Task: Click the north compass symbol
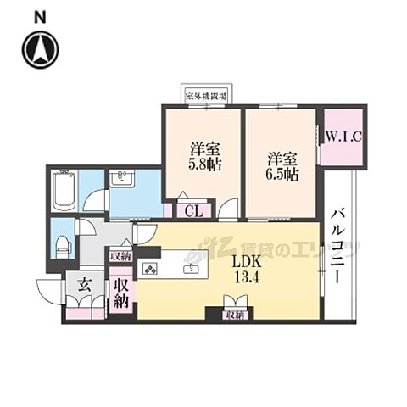[x=40, y=50]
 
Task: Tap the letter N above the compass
[x=40, y=16]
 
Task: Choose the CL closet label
[x=192, y=211]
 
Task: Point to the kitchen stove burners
[x=152, y=270]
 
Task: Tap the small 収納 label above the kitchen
[x=120, y=255]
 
